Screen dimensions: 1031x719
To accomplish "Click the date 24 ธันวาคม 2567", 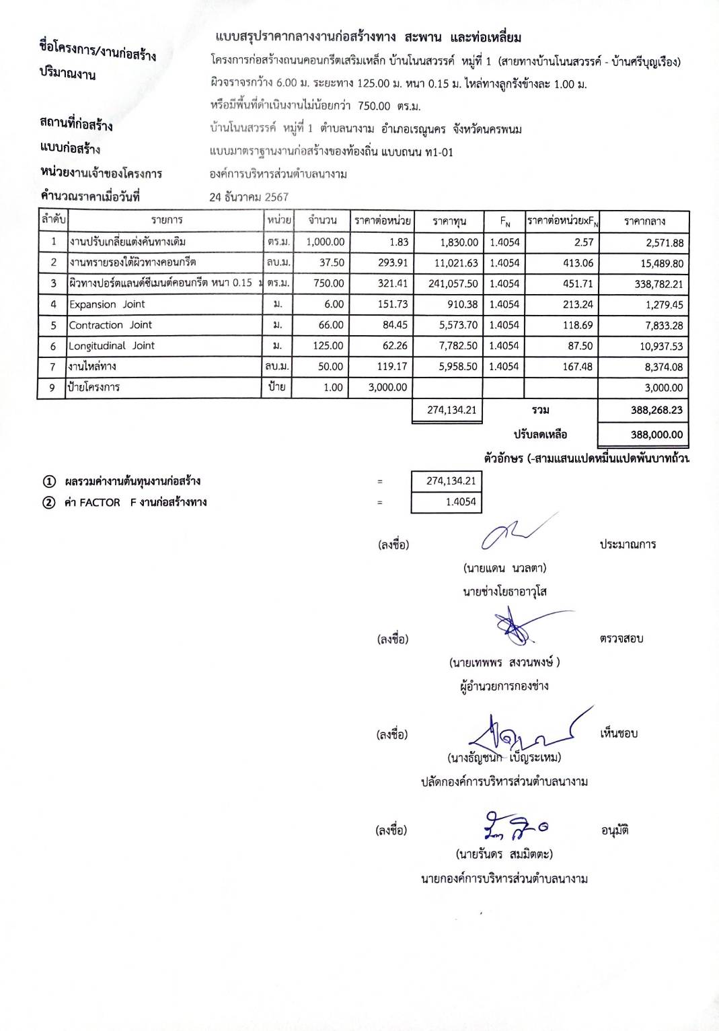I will click(249, 197).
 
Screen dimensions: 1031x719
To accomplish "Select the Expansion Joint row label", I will click(107, 304).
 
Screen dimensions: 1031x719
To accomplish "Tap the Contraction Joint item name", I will click(110, 325).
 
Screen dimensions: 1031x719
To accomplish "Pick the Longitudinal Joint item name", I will click(112, 346).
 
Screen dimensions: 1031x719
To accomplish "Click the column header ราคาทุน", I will click(449, 221).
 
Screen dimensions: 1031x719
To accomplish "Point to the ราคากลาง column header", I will click(644, 221).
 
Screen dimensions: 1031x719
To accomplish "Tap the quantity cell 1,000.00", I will click(325, 242).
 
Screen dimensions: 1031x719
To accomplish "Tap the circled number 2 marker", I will click(49, 503).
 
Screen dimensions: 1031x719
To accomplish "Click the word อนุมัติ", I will click(615, 831).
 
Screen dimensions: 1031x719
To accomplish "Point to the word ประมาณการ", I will click(628, 544).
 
